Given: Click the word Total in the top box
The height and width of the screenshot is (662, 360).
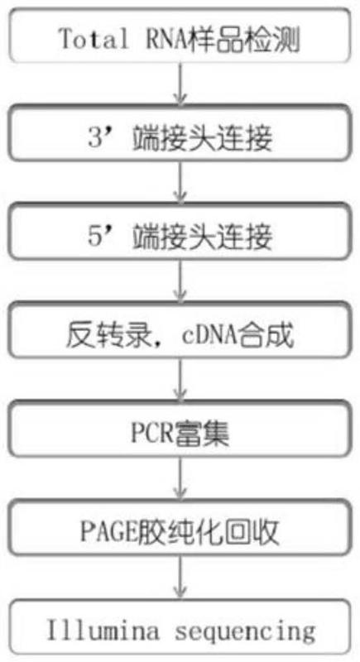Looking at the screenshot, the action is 94,39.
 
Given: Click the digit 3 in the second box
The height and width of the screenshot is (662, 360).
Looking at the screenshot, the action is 95,137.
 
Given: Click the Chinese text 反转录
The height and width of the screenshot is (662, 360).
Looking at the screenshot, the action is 108,337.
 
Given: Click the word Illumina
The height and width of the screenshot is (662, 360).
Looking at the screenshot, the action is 103,631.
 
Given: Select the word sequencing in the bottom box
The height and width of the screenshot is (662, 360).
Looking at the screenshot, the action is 245,633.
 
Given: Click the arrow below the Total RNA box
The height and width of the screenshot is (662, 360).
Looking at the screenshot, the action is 180,84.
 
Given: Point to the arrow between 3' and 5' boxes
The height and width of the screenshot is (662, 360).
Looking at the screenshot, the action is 180,182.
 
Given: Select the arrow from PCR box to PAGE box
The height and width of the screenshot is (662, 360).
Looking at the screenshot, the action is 180,478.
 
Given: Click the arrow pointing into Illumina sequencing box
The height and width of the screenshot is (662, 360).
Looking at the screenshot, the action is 180,577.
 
